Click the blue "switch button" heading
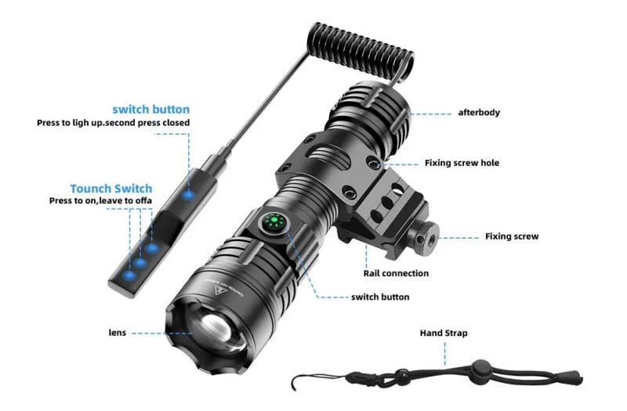[x=150, y=109]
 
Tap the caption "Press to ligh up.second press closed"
[x=113, y=123]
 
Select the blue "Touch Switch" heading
[x=111, y=189]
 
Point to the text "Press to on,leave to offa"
[x=100, y=201]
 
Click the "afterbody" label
[x=479, y=113]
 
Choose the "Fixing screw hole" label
[x=462, y=163]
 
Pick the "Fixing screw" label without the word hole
[x=512, y=236]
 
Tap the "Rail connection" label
[x=396, y=273]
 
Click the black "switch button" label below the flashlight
[x=380, y=297]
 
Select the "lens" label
[x=117, y=332]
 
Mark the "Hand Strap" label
[x=444, y=333]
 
